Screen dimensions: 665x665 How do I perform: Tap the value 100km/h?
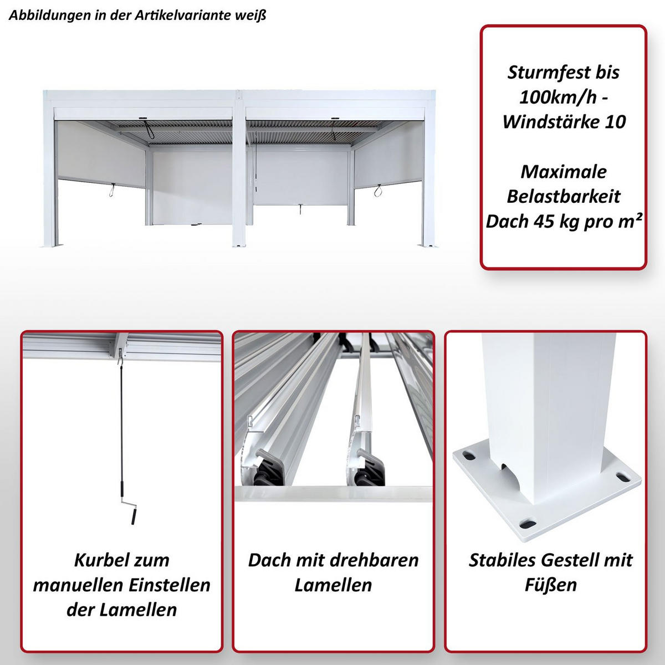(x=557, y=98)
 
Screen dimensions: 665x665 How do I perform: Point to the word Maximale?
(x=564, y=172)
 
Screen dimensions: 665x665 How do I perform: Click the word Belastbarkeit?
(x=564, y=197)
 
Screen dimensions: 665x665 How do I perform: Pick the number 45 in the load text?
(x=546, y=222)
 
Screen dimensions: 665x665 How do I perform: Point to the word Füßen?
(x=550, y=585)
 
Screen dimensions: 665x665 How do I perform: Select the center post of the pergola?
(x=239, y=172)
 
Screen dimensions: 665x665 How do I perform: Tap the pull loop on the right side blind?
(x=378, y=191)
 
